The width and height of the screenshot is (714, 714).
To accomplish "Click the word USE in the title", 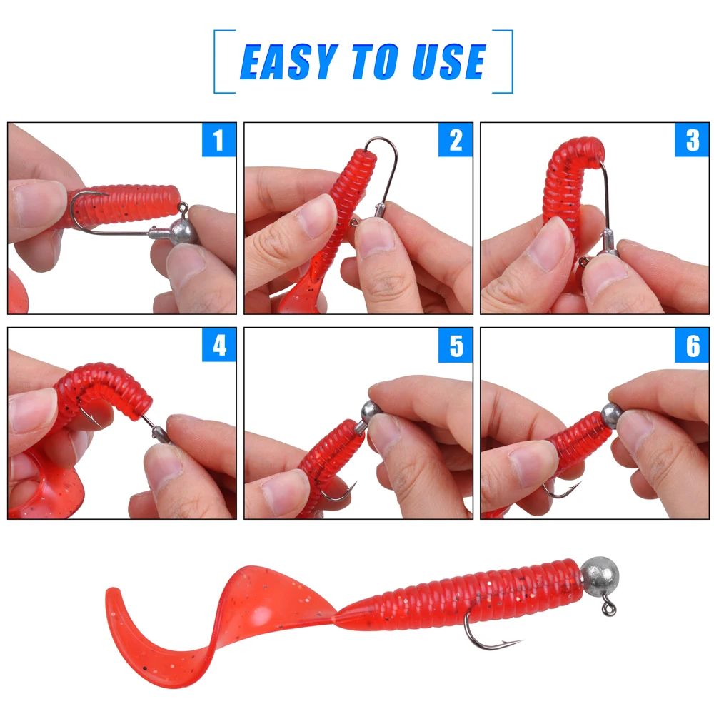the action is click(x=449, y=62).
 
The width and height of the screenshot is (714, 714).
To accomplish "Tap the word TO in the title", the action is click(x=376, y=62).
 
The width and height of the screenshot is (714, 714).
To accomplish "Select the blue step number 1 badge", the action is click(x=219, y=140).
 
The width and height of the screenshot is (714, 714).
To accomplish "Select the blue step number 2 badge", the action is click(x=456, y=140).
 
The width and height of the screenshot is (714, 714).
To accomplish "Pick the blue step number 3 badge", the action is click(x=692, y=140).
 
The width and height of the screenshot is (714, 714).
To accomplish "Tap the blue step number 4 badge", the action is click(x=219, y=345).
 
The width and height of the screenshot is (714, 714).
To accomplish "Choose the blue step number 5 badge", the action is click(x=456, y=345).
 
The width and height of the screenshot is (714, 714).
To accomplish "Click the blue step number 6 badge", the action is click(x=692, y=345).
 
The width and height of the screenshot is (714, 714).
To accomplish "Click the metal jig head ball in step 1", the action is click(x=184, y=233).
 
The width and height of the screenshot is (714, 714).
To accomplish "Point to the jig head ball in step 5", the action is click(x=371, y=412).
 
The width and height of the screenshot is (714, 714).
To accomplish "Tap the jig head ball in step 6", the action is click(x=612, y=414).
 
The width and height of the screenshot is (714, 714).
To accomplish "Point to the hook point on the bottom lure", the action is click(x=523, y=641).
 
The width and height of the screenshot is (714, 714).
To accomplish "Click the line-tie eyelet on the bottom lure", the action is click(x=609, y=608).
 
